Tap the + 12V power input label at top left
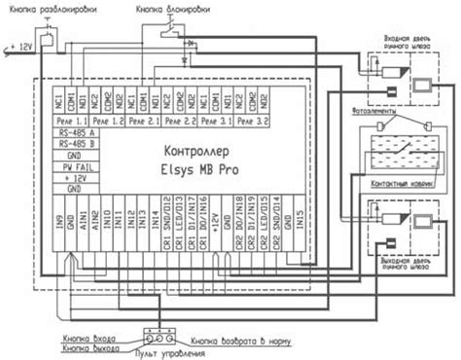21,44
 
